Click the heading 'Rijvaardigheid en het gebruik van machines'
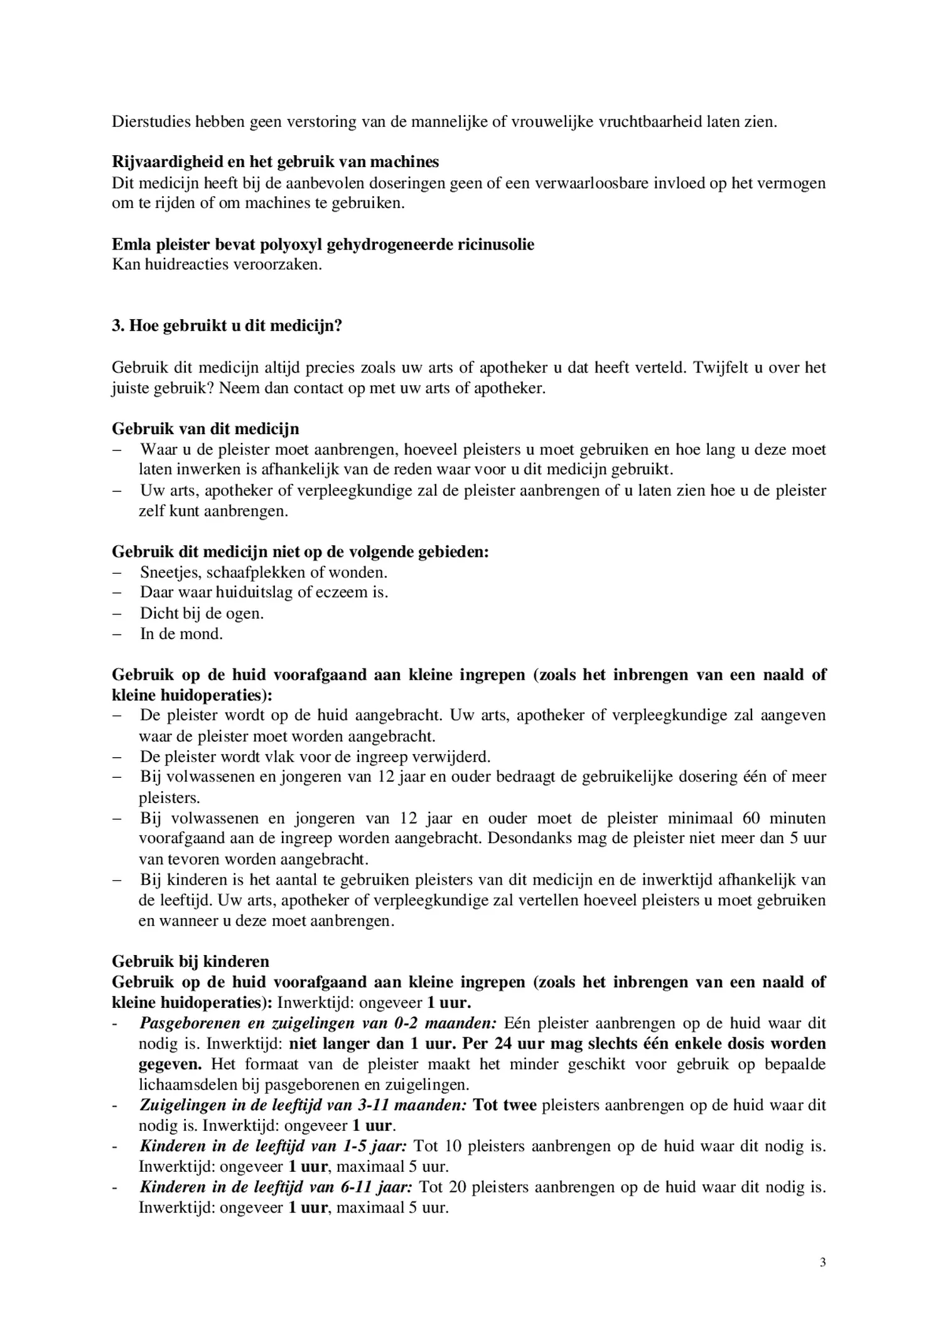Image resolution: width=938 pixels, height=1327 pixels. tap(275, 162)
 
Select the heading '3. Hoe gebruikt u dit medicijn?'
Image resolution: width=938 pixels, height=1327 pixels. tap(227, 326)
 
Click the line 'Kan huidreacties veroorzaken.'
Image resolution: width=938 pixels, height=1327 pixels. tap(217, 265)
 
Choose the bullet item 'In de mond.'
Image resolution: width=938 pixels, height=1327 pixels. tap(181, 633)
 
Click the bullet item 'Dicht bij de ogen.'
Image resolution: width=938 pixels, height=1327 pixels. tap(202, 613)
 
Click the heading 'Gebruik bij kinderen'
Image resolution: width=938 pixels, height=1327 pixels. tap(190, 961)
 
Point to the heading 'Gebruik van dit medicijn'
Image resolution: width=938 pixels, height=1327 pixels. tap(205, 429)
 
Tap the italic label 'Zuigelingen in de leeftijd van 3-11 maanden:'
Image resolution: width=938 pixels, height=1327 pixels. tap(303, 1105)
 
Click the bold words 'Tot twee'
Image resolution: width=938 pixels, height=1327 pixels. tap(504, 1105)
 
